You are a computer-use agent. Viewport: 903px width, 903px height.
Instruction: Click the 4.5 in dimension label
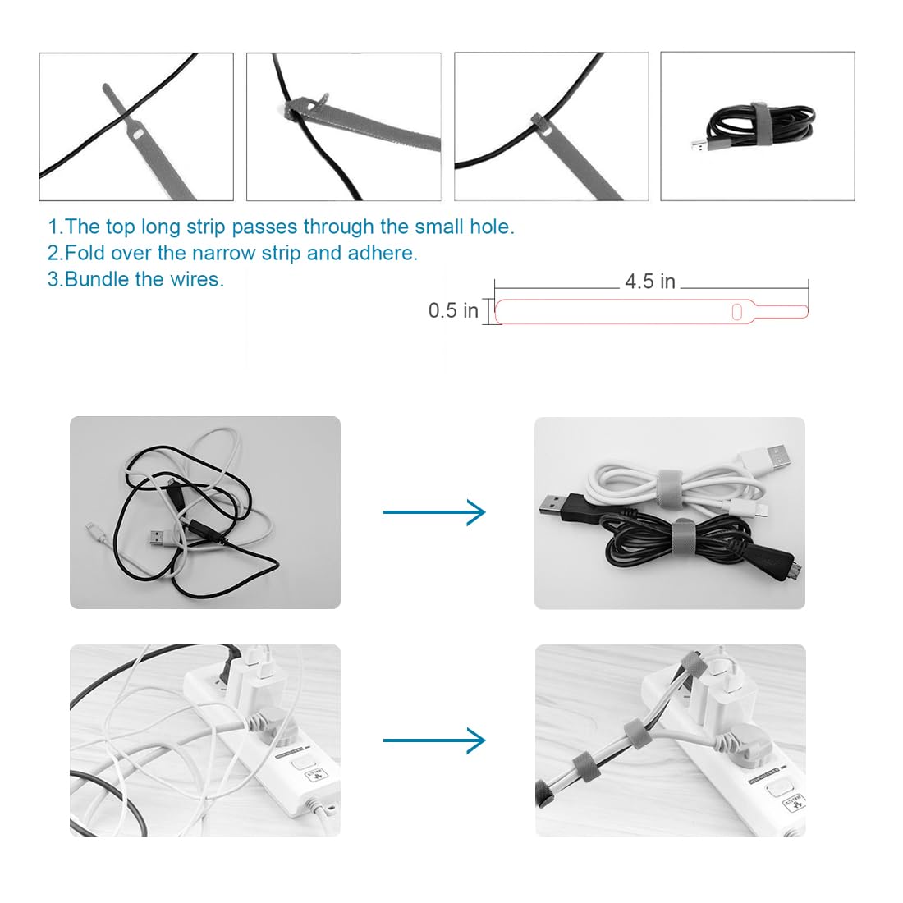pos(650,282)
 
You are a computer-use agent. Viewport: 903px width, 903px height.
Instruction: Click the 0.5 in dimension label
pos(453,310)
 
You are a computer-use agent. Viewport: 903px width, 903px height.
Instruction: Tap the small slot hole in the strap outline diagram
pos(736,312)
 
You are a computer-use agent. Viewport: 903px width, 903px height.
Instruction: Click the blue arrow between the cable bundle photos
pos(434,512)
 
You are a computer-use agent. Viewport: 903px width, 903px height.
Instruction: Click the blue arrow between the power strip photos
pos(434,740)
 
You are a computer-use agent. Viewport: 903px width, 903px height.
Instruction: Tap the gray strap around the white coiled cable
pos(670,484)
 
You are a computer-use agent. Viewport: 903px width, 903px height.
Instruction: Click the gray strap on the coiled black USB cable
pos(761,122)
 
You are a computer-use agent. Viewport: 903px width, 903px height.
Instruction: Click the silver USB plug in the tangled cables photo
pos(158,538)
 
